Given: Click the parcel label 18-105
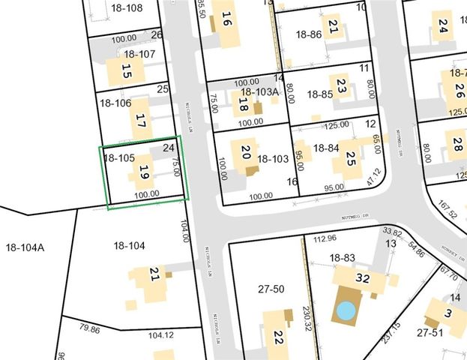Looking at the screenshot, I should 119,158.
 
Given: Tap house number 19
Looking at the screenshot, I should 144,174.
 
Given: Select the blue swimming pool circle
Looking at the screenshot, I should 346,309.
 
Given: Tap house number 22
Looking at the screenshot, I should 277,338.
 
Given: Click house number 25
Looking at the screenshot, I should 350,159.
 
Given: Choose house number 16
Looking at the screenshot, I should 226,19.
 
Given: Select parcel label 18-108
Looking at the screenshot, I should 124,8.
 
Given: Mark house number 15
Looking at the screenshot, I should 126,73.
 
